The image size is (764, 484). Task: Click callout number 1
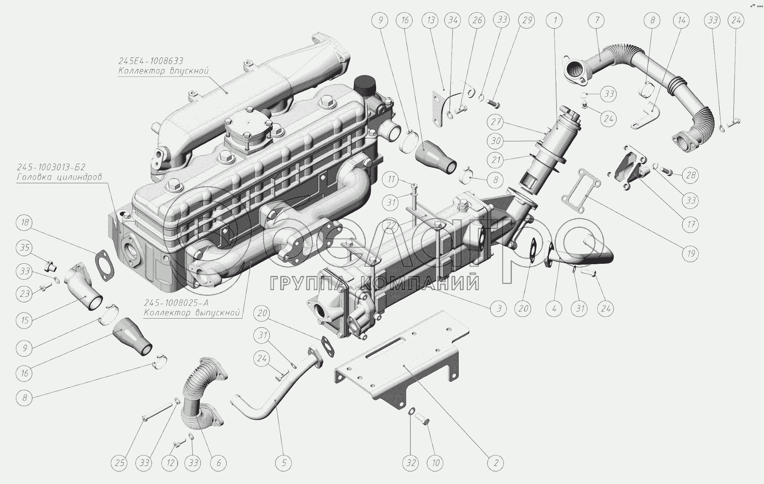pos(555,20)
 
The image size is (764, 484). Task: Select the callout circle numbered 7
pos(597,20)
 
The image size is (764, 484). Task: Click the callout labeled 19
pos(691,253)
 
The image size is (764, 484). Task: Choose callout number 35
pos(25,248)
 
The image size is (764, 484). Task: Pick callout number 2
pos(496,463)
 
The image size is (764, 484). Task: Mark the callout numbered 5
pos(284,463)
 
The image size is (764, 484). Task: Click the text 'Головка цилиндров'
pos(59,177)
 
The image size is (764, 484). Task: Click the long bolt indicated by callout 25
pos(158,412)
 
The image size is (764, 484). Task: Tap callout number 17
pos(691,225)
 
